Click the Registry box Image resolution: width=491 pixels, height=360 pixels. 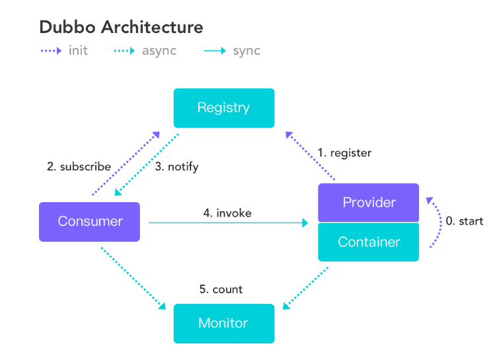[223, 108]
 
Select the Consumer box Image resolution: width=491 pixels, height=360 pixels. [89, 221]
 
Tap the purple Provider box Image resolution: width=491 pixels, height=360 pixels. [369, 202]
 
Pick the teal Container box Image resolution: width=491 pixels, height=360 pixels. [369, 242]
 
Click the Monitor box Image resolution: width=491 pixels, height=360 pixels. [223, 323]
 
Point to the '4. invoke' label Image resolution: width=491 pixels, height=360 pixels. [227, 213]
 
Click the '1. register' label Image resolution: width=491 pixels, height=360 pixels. [344, 153]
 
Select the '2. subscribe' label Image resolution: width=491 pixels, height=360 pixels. [79, 166]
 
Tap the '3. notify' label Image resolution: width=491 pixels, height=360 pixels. [176, 166]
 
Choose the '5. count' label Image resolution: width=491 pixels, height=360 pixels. [221, 289]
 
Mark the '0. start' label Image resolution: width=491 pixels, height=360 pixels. [464, 221]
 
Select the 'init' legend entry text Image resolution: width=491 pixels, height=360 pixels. [77, 51]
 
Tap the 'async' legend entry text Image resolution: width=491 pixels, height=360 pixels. [159, 51]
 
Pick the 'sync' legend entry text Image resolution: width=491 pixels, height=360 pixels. [246, 51]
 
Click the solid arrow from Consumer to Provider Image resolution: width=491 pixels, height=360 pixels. [228, 224]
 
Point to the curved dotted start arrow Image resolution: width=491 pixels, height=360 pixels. [438, 221]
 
